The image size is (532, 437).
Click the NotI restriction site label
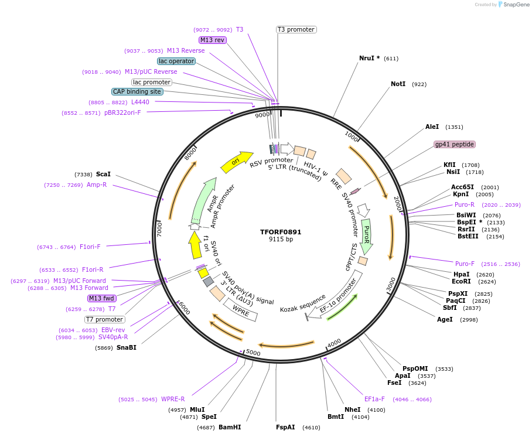(398, 84)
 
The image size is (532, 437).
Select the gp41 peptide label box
(454, 144)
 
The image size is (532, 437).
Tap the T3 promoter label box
(296, 29)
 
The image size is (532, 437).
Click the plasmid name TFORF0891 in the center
(281, 231)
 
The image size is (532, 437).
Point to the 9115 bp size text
(281, 240)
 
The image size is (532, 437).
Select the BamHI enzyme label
(230, 427)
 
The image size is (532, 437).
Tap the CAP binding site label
(137, 91)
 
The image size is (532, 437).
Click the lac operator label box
(176, 61)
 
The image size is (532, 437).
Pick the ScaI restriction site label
(103, 174)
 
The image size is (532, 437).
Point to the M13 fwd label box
(101, 298)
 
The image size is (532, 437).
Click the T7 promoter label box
(105, 319)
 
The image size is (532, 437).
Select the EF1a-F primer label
(374, 399)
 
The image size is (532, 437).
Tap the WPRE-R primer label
(173, 399)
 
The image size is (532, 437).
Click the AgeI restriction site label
(445, 319)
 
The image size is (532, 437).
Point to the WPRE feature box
(240, 310)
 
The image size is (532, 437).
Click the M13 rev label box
(212, 40)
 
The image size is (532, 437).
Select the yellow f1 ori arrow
(195, 245)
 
